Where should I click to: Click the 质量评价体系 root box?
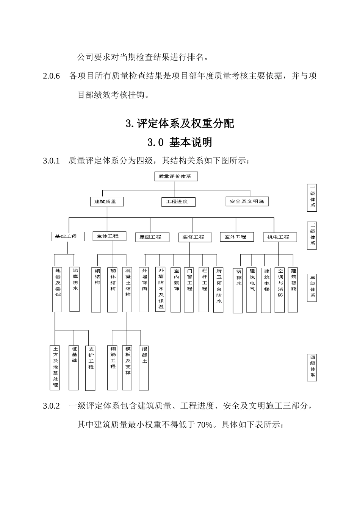pyautogui.click(x=176, y=176)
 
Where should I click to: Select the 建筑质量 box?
pyautogui.click(x=107, y=201)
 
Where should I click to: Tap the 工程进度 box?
pyautogui.click(x=178, y=201)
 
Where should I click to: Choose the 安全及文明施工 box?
pyautogui.click(x=247, y=201)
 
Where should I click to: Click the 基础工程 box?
pyautogui.click(x=67, y=236)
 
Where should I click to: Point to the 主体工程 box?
pyautogui.click(x=109, y=236)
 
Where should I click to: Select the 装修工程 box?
pyautogui.click(x=195, y=237)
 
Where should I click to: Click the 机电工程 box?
pyautogui.click(x=280, y=237)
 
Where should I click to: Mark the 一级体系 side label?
pyautogui.click(x=312, y=197)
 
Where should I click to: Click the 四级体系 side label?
pyautogui.click(x=312, y=367)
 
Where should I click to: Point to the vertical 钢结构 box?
pyautogui.click(x=96, y=290)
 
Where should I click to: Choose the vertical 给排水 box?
pyautogui.click(x=238, y=290)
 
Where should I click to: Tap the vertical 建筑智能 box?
pyautogui.click(x=293, y=290)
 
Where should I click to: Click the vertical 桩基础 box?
pyautogui.click(x=74, y=367)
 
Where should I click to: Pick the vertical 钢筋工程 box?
pyautogui.click(x=113, y=367)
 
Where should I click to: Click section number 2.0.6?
pyautogui.click(x=52, y=76)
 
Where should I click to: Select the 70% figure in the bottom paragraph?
pyautogui.click(x=205, y=425)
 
